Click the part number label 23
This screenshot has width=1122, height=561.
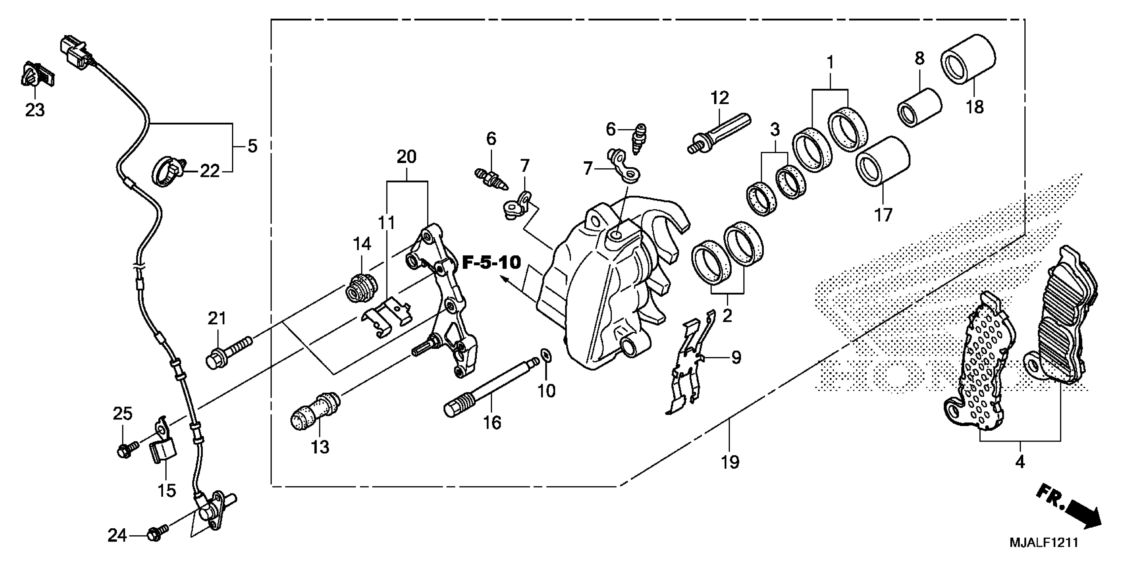coord(35,110)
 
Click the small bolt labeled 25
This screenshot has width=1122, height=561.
coord(126,450)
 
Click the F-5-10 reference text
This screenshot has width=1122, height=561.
coord(491,263)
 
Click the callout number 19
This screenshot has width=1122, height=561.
coord(730,462)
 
